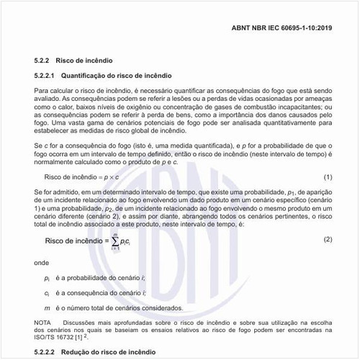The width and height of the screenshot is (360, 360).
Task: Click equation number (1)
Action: point(328,176)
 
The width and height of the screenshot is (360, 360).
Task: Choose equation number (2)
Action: point(328,238)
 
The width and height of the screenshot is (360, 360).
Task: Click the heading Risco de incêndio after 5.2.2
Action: point(88,60)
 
